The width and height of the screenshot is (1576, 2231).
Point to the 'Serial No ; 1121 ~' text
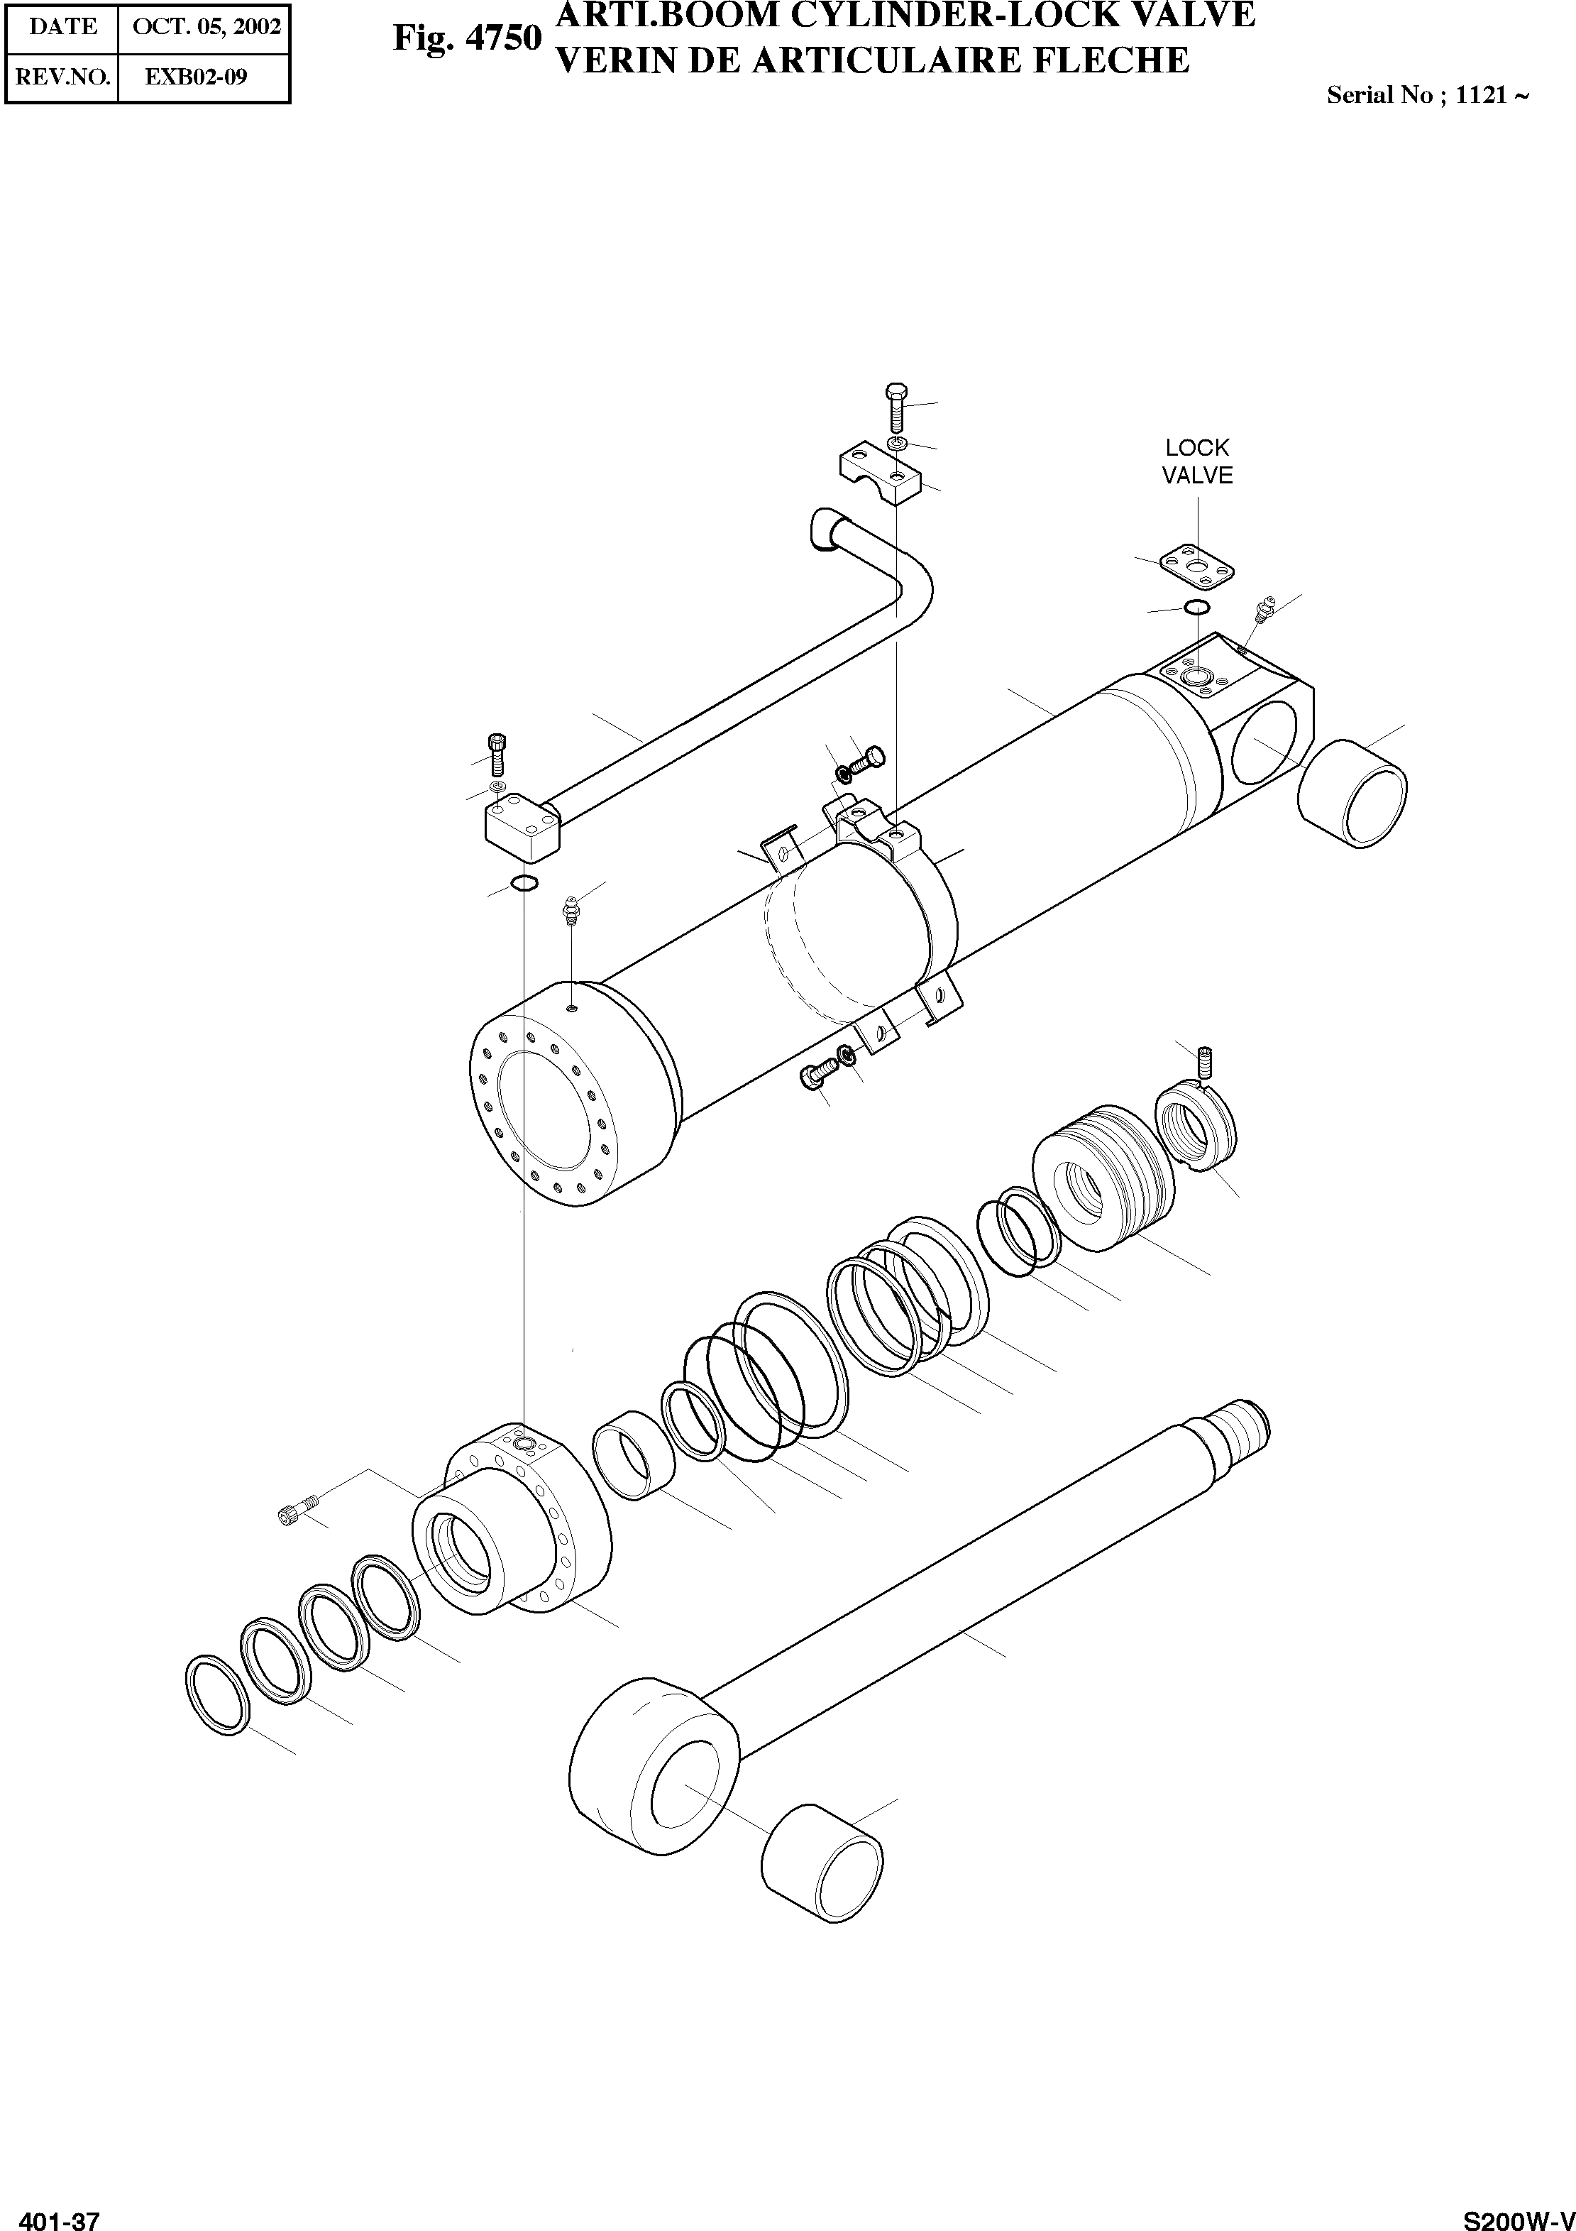coord(1428,95)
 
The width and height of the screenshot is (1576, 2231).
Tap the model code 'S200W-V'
coord(1518,2213)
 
